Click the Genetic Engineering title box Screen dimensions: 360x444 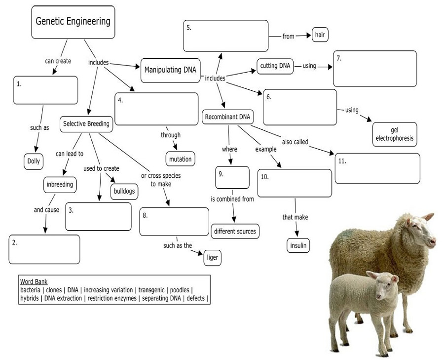click(x=73, y=22)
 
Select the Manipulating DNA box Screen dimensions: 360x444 click(x=170, y=70)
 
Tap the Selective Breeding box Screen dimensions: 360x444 click(x=86, y=124)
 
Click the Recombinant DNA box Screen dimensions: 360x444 click(x=227, y=117)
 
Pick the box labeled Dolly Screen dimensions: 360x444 click(x=34, y=161)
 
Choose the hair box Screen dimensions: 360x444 click(x=320, y=35)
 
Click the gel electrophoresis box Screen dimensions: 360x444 click(x=394, y=134)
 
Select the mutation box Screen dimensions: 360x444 click(x=180, y=159)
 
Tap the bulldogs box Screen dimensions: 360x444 click(x=123, y=191)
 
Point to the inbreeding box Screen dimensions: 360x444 click(x=59, y=185)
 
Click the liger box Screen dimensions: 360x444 click(x=213, y=257)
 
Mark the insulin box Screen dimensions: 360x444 click(x=298, y=245)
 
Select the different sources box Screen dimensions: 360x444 click(x=235, y=231)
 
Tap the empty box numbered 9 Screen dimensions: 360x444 click(x=232, y=178)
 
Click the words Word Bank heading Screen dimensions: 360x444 click(x=34, y=281)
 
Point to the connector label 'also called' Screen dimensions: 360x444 click(x=295, y=142)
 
